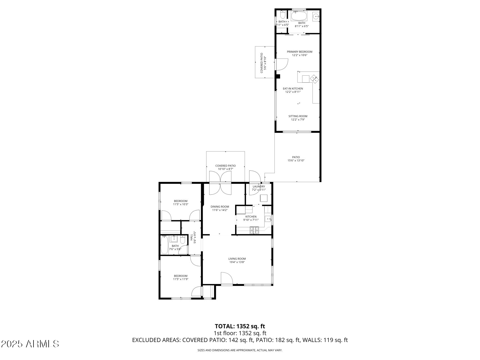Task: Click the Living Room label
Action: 237,259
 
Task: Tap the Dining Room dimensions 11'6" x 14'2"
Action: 220,210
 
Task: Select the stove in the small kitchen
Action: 254,230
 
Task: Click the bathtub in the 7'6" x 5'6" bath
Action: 164,245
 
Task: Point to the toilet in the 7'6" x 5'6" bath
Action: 182,240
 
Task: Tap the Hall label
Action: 191,237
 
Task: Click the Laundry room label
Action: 259,186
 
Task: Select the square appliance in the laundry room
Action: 263,198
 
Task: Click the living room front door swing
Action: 226,278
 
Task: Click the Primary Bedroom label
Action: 299,52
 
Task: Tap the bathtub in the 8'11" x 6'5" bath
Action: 299,16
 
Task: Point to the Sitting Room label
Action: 298,116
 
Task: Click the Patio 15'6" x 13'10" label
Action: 296,159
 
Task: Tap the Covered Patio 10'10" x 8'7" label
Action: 225,167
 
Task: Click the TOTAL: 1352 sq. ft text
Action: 240,326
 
